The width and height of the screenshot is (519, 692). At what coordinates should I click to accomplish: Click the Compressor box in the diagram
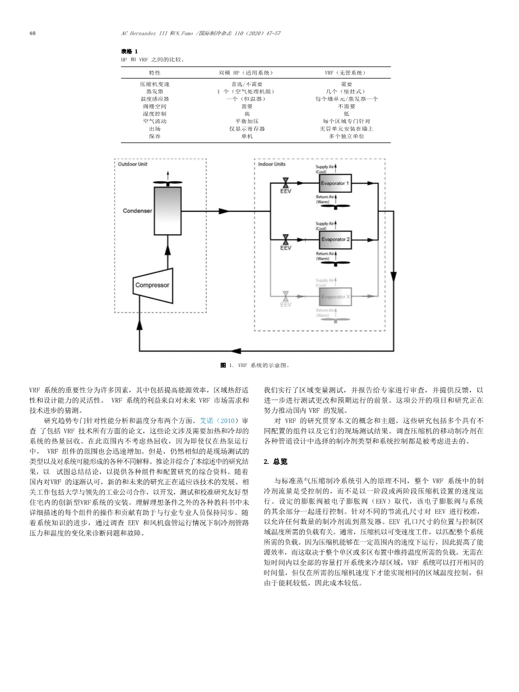[153, 285]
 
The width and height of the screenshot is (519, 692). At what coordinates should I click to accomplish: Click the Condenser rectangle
[168, 211]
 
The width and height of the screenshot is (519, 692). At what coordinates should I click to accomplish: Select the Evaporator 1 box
[335, 183]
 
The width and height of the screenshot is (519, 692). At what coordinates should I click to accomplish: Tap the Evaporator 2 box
[335, 240]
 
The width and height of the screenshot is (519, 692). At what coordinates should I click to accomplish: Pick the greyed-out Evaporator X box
[335, 296]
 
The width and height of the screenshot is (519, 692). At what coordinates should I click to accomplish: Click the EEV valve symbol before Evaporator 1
[286, 183]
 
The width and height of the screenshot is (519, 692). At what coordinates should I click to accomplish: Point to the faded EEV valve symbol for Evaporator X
[286, 296]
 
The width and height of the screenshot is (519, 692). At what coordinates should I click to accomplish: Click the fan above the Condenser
[168, 182]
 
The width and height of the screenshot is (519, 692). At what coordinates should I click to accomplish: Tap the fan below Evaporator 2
[335, 263]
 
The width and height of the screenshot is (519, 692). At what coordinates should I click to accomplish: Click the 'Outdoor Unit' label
[132, 164]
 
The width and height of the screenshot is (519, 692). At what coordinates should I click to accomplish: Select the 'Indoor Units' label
[271, 164]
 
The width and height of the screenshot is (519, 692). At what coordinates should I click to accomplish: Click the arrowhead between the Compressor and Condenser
[168, 250]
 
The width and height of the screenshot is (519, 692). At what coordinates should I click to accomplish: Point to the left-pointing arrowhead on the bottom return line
[236, 351]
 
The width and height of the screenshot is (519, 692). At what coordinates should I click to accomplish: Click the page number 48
[32, 33]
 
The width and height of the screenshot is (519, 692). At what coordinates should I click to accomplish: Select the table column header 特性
[155, 73]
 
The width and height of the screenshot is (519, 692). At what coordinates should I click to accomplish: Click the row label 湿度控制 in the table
[155, 114]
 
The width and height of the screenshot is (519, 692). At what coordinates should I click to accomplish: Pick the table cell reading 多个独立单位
[346, 136]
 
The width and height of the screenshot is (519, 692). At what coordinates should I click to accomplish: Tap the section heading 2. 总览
[276, 462]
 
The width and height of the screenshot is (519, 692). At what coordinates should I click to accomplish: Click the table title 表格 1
[129, 52]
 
